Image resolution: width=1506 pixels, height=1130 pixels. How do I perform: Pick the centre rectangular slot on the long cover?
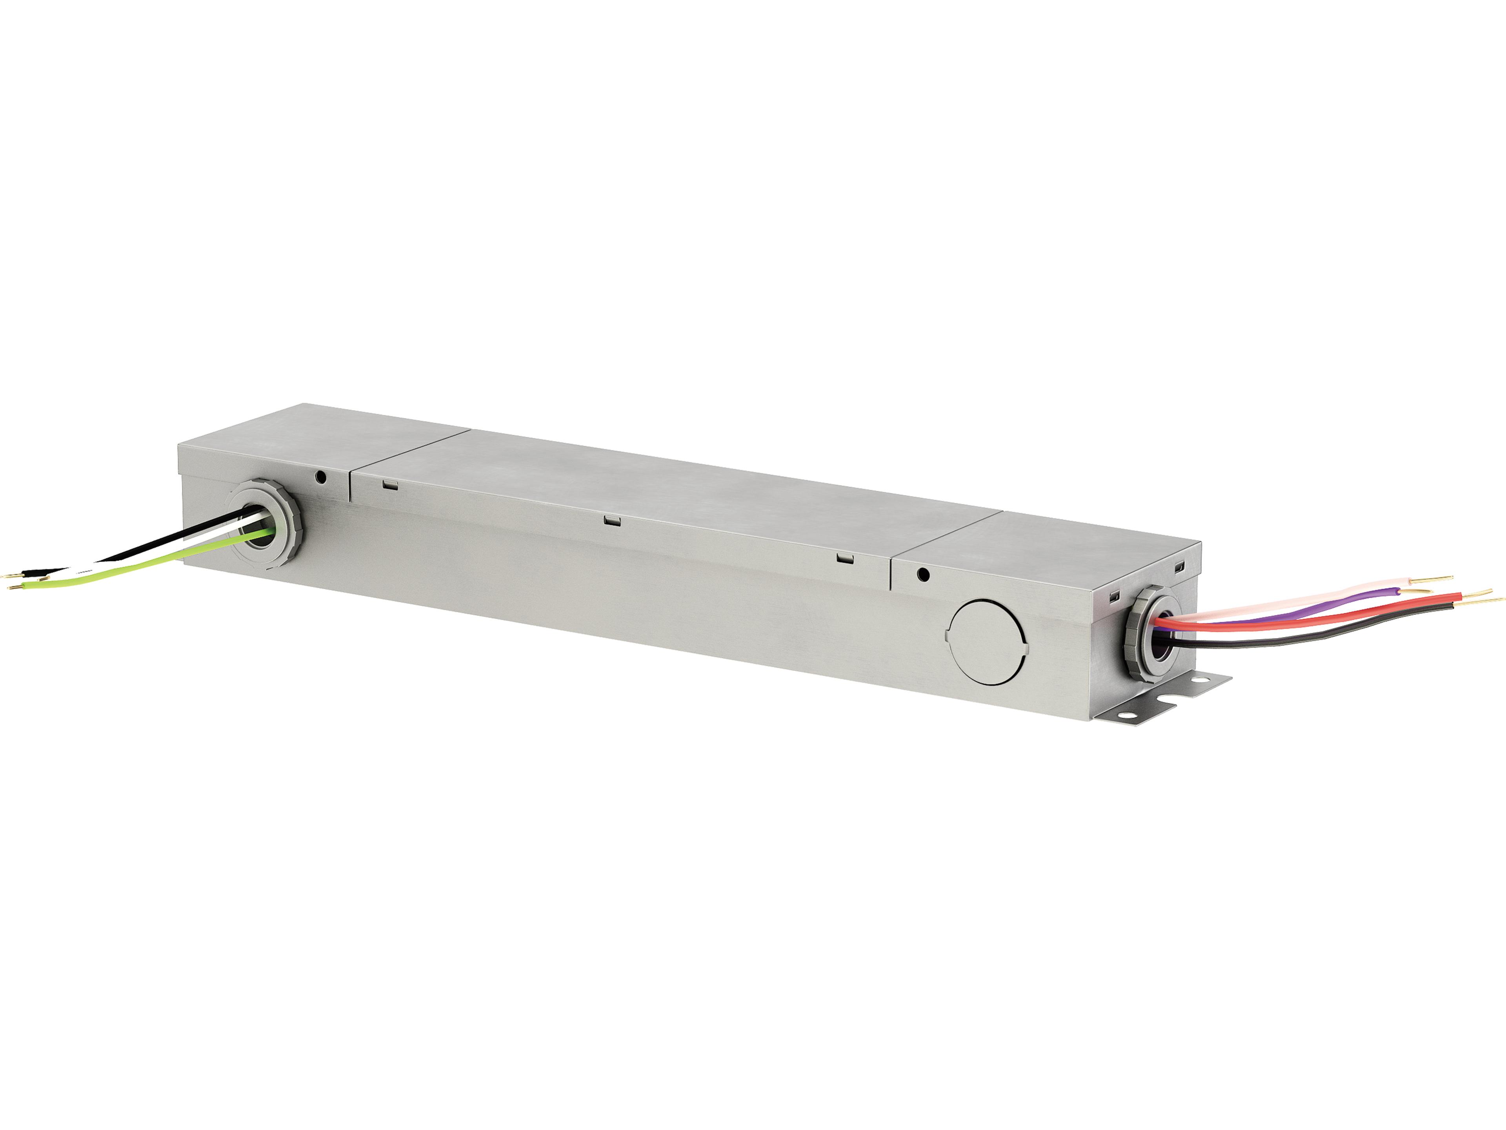(612, 521)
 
